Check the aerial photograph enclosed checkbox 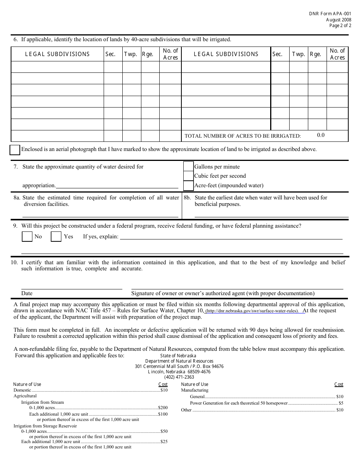(x=15, y=150)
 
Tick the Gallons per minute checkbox (x=188, y=167)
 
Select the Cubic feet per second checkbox (x=188, y=176)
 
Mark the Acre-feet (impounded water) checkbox (x=188, y=186)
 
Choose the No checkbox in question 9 (x=27, y=237)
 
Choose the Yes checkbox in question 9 (x=56, y=237)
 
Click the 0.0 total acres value (x=320, y=135)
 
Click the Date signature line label (x=27, y=293)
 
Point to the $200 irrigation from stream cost (x=163, y=408)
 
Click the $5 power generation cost (x=341, y=403)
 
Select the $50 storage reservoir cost (x=164, y=431)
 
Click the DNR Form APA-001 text (x=330, y=13)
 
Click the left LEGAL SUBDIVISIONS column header (x=57, y=54)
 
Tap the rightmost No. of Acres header (x=337, y=54)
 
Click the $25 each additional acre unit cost (x=164, y=442)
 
